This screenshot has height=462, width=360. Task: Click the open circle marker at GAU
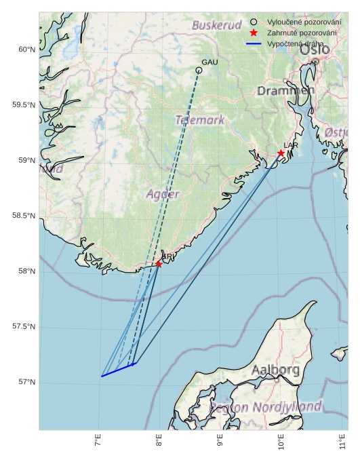pos(199,70)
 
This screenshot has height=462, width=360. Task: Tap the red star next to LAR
pos(281,153)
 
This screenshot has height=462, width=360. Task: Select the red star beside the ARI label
pos(159,263)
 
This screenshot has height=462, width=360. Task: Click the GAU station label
pos(209,62)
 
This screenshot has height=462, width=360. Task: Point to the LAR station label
pos(290,145)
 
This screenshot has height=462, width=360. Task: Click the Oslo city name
pos(315,50)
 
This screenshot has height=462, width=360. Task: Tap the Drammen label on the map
pos(285,91)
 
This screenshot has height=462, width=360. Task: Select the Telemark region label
pos(200,120)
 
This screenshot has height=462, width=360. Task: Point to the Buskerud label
pos(217,25)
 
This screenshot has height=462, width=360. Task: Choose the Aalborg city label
pos(275,370)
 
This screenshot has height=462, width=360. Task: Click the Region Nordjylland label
pos(266,407)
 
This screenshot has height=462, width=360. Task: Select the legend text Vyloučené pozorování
pos(304,22)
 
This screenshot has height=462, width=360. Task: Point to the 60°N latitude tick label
pos(25,50)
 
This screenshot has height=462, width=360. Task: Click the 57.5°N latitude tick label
pos(23,327)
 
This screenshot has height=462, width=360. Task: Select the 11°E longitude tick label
pos(342,444)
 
